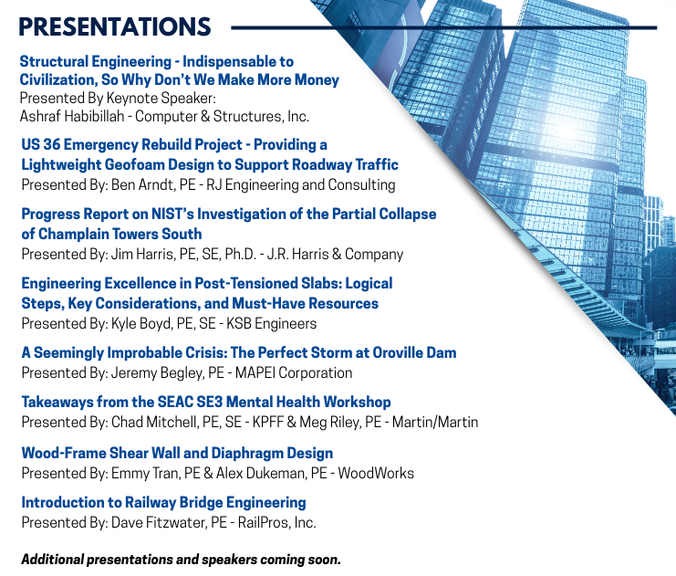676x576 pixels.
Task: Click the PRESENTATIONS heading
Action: tap(115, 26)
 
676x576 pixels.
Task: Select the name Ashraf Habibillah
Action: tap(72, 116)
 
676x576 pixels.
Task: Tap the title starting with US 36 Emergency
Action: tap(210, 154)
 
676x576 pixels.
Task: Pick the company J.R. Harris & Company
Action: tap(335, 254)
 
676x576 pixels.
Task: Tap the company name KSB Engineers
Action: tap(272, 323)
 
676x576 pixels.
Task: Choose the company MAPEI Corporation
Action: tap(294, 372)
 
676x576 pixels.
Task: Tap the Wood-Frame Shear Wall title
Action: tap(177, 453)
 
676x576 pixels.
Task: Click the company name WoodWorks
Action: tap(376, 474)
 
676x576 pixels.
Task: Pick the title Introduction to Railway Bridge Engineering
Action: tap(164, 503)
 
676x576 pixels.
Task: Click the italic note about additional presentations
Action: tap(181, 560)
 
